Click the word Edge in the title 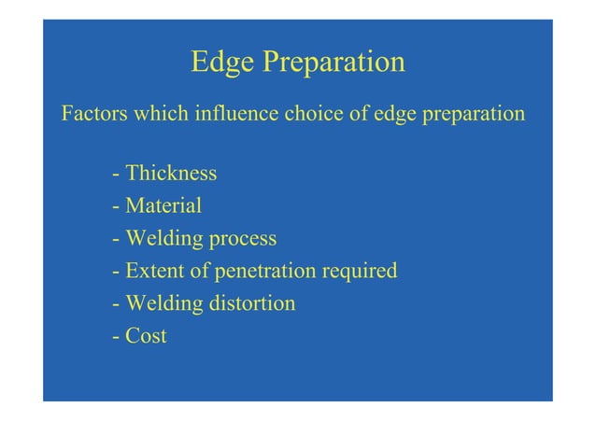[x=221, y=63]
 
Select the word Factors [x=94, y=116]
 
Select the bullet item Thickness [x=171, y=174]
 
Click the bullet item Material [x=163, y=205]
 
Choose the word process [x=242, y=239]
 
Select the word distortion [x=251, y=303]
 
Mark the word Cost [x=146, y=335]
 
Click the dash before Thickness [x=114, y=175]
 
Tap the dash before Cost [x=114, y=336]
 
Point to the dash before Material [x=114, y=206]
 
